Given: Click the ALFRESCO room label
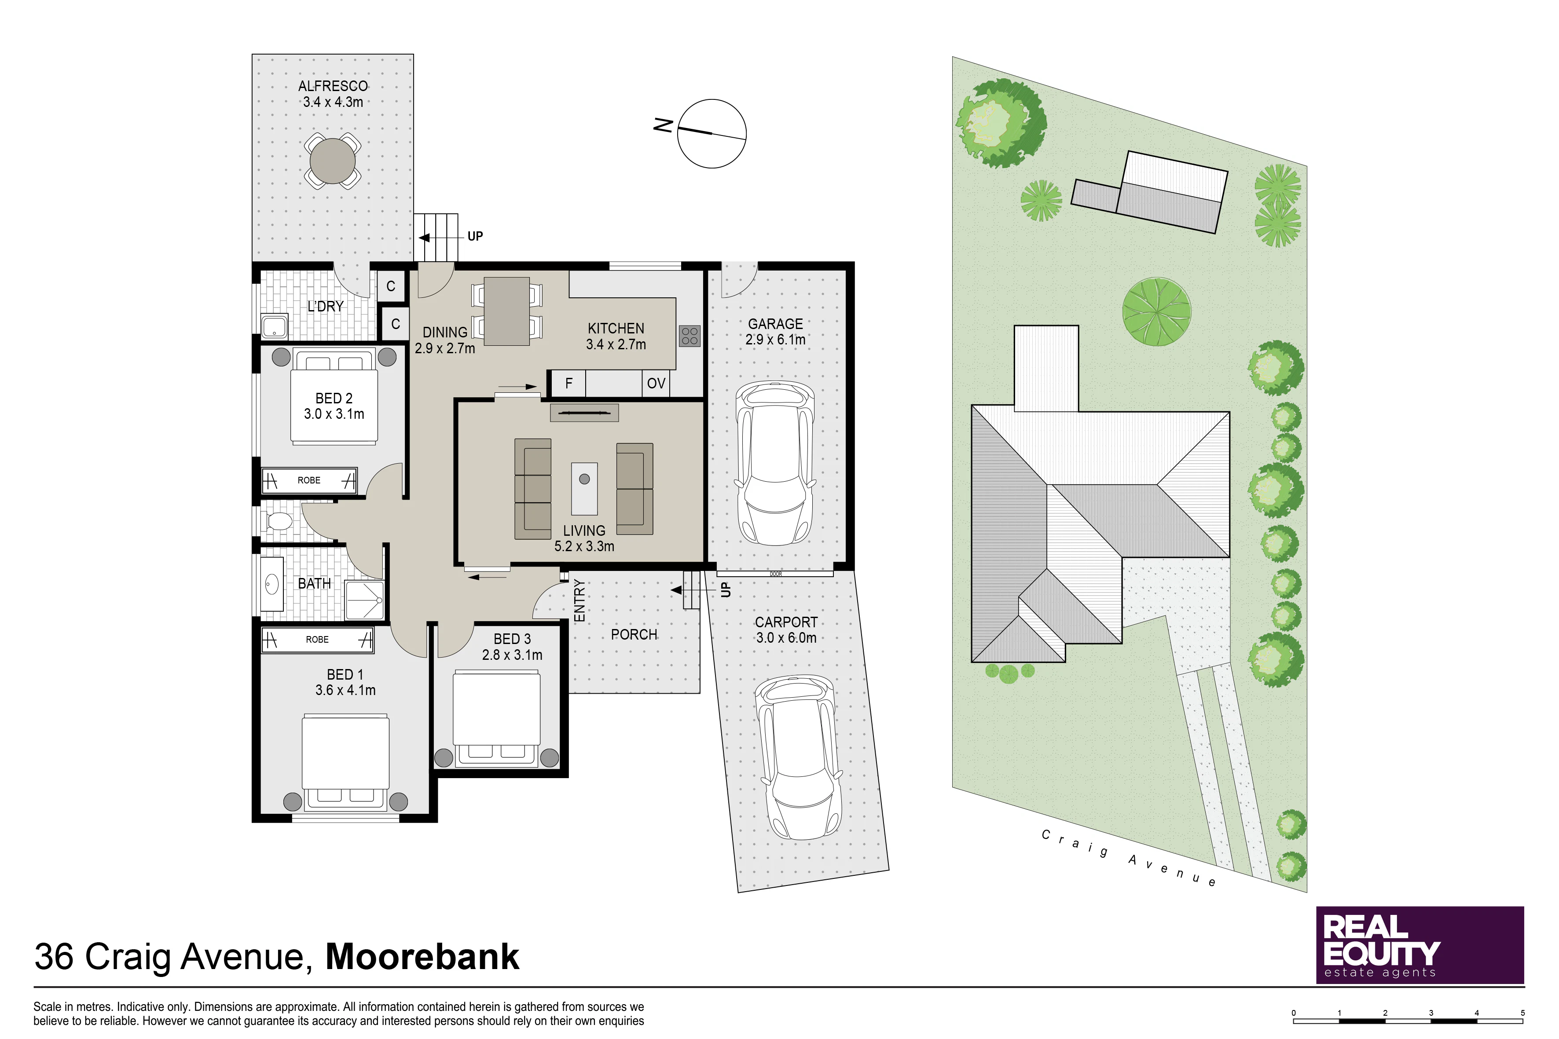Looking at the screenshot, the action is tap(333, 86).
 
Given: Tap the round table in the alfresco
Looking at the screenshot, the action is tap(333, 161).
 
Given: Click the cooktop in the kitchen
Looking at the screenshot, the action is tap(690, 336).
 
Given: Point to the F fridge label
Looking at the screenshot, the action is tap(569, 383).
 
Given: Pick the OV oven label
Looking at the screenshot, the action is tap(656, 384).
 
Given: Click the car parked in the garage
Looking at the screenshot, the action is tap(775, 463).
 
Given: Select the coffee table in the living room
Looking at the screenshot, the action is tap(584, 489).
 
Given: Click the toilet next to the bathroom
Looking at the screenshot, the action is tap(279, 522).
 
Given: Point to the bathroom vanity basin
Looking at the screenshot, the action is tap(271, 584).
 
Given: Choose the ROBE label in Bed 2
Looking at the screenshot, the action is tap(309, 480).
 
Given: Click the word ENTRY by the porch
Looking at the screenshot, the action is tap(580, 600).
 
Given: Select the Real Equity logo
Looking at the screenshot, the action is tap(1420, 945).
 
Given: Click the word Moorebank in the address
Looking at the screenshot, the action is tap(422, 956).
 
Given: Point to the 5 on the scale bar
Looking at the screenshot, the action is tap(1522, 1013).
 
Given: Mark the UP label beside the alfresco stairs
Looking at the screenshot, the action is tap(475, 237).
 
